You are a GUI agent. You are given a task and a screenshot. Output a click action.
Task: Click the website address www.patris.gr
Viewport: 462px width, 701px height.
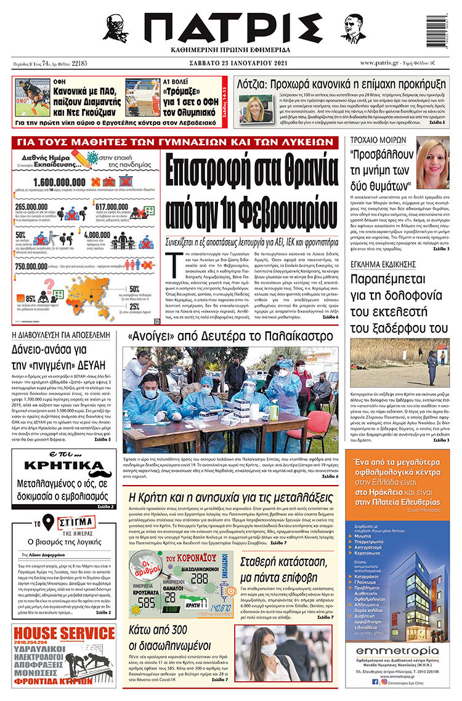click(x=381, y=63)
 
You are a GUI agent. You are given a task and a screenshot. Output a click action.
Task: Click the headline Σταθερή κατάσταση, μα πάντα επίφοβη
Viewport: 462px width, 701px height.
click(x=286, y=575)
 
